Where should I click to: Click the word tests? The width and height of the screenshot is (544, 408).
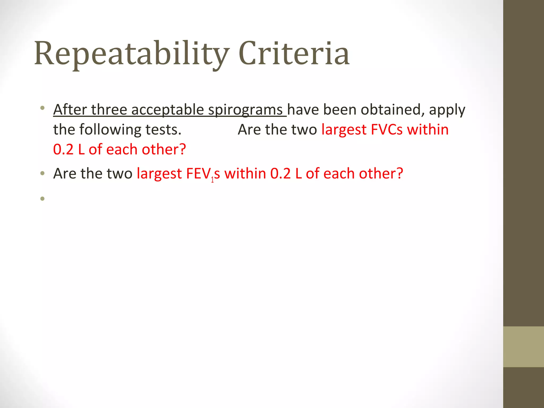(163, 130)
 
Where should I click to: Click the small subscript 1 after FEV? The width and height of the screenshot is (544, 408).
(212, 180)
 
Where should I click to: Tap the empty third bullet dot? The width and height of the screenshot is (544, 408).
(42, 198)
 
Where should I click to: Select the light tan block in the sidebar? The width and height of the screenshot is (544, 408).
(523, 347)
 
